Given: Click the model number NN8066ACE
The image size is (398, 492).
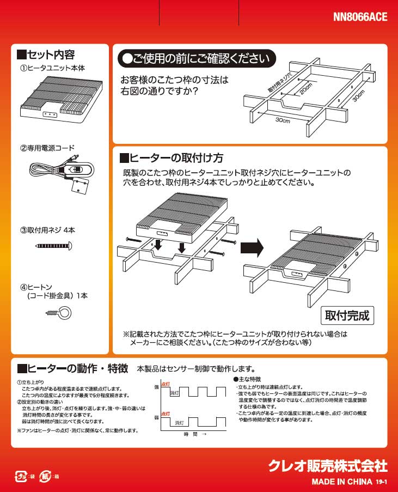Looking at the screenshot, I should tap(360, 17).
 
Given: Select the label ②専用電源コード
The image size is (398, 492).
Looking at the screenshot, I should tap(47, 148).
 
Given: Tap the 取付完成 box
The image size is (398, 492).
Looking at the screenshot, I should tap(347, 315).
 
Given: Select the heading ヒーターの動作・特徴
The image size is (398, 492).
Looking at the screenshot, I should tap(73, 368).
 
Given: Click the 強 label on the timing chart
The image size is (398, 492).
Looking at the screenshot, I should tap(157, 386).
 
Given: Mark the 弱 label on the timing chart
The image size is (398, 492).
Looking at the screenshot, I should tap(157, 417).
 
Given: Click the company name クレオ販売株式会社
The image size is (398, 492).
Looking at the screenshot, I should tap(328, 466).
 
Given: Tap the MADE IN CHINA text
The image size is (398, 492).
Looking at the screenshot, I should tap(342, 482).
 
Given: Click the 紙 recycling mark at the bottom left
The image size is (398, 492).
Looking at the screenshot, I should tap(48, 476).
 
